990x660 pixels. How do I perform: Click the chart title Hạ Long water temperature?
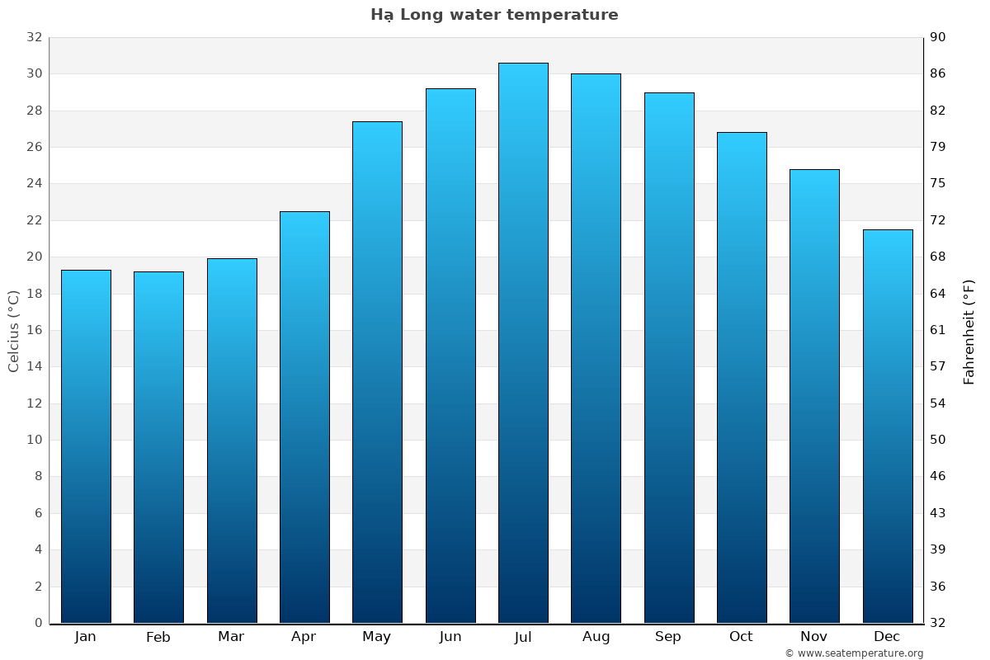494,15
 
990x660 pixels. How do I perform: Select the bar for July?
523,342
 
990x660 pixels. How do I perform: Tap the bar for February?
158,447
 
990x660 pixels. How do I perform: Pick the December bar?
888,426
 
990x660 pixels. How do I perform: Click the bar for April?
304,417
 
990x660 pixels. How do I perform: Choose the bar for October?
742,377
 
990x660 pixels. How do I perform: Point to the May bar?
377,372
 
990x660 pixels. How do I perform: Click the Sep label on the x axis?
668,637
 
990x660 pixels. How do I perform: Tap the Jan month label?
86,637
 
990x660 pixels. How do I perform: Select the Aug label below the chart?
596,637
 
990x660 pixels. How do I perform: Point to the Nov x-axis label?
814,637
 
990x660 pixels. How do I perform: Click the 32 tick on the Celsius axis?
34,37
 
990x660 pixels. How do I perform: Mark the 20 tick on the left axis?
34,257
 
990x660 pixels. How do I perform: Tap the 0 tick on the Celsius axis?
38,623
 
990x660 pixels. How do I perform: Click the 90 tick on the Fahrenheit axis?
938,37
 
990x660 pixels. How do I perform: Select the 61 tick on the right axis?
938,330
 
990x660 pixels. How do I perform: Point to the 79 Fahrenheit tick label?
938,147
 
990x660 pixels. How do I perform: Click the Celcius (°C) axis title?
14,331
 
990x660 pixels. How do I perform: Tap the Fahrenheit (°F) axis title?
969,331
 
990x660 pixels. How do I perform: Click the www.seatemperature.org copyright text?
854,653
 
